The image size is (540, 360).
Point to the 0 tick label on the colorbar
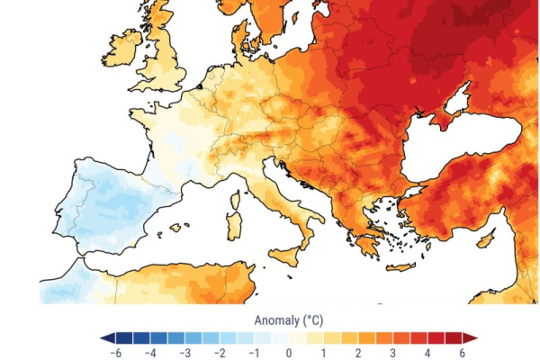288,354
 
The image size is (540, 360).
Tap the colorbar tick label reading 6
463,354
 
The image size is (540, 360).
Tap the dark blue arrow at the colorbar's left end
106,338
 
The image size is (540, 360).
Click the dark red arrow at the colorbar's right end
470,338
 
